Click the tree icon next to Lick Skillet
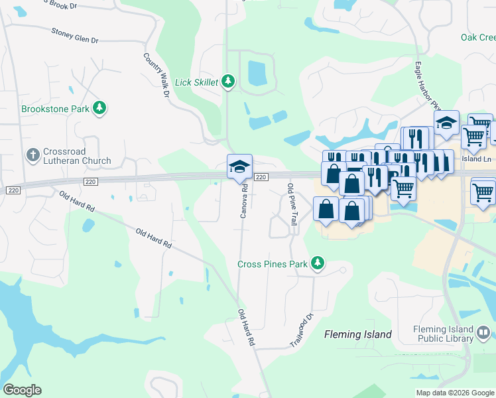coord(228,82)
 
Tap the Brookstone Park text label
coord(55,108)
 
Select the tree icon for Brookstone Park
coord(99,107)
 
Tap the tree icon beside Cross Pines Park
coord(318,264)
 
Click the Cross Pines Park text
coord(273,264)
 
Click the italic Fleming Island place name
coord(357,334)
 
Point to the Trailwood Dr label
coord(301,330)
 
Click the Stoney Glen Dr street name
coord(74,36)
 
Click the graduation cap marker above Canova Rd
coord(239,166)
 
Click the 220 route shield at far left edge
coord(11,190)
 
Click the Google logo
coord(22,390)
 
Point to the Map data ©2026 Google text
coord(454,393)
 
